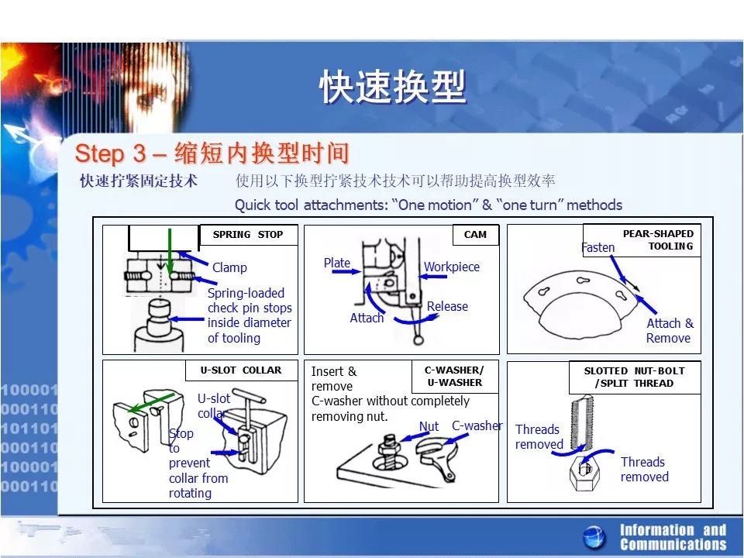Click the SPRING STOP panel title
(x=248, y=234)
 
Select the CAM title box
(x=475, y=234)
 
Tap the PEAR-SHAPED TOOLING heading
(x=658, y=239)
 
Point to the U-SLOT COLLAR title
(x=241, y=370)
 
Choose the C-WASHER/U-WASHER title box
(x=455, y=377)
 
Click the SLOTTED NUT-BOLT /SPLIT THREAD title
(x=635, y=377)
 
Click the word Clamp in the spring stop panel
(x=229, y=267)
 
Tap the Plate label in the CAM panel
(x=337, y=263)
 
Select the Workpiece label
(x=452, y=267)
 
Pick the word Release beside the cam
(x=447, y=307)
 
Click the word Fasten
(x=598, y=247)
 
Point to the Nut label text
(x=429, y=426)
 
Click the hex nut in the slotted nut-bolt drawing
(x=583, y=472)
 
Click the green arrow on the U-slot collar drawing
(x=151, y=402)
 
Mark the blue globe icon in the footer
(x=594, y=537)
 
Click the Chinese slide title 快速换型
(x=393, y=86)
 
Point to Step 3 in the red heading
(x=111, y=153)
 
